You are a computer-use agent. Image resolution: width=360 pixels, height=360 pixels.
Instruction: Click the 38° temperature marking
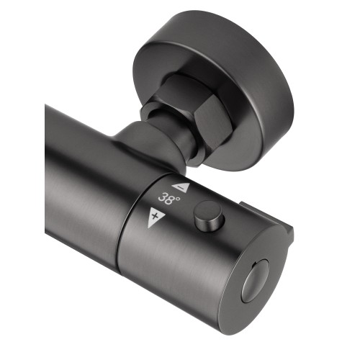(x=169, y=199)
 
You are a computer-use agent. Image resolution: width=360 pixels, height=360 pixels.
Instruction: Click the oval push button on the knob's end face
(x=254, y=279)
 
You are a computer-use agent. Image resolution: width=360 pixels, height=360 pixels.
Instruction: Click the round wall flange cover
(x=214, y=89)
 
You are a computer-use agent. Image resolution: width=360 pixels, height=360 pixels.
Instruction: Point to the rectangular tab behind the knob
(x=266, y=220)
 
